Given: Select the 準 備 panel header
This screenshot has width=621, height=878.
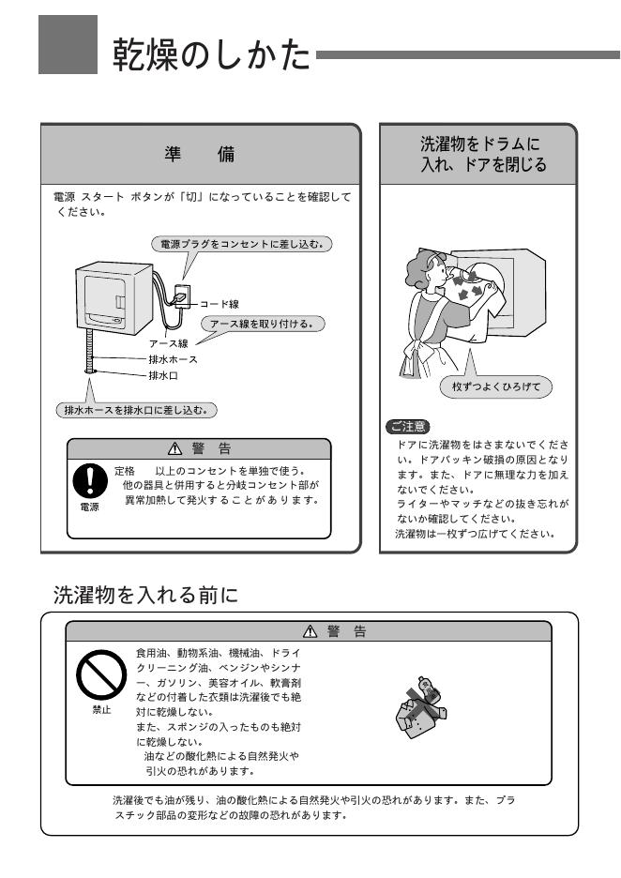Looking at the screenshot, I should [x=204, y=155].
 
